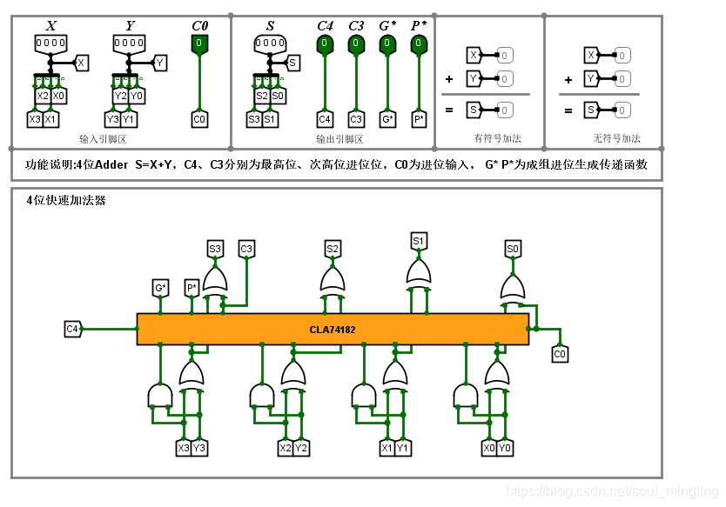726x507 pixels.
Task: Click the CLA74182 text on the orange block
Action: tap(333, 330)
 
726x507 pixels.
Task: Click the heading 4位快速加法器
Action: tap(66, 201)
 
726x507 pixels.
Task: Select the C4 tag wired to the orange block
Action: tap(72, 329)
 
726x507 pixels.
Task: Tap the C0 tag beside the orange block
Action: tap(560, 354)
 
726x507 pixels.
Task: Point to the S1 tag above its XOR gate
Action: tap(419, 240)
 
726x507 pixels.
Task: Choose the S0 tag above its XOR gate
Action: tap(513, 250)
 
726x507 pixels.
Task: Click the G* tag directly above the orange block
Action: tap(160, 287)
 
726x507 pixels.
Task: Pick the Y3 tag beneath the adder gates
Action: tap(199, 448)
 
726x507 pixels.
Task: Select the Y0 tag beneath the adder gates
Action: tap(505, 448)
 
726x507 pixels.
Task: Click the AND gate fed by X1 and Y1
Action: tap(364, 397)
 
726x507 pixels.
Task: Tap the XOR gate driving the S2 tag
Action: tap(332, 280)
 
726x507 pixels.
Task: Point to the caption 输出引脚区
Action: tap(339, 139)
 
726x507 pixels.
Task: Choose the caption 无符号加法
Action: tap(616, 138)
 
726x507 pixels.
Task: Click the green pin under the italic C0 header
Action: tap(199, 44)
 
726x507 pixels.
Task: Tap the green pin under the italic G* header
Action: tap(387, 44)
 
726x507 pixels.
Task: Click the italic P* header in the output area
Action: tap(419, 26)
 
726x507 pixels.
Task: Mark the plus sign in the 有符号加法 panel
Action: tap(449, 78)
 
